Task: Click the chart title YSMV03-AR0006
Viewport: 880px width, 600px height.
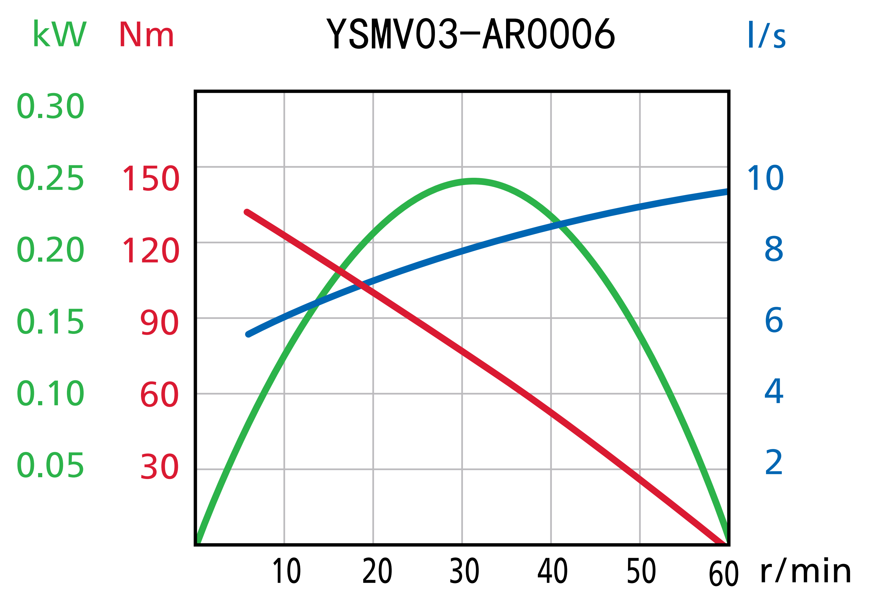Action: click(x=471, y=34)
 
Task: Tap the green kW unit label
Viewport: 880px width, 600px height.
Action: click(x=59, y=34)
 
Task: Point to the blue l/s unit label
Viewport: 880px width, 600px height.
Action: click(x=766, y=34)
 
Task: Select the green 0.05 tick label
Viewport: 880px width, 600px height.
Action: click(x=50, y=465)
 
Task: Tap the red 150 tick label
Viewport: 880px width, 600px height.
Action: click(x=151, y=178)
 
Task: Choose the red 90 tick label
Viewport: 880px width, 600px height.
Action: click(x=159, y=323)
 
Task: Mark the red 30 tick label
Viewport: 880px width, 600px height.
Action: click(x=159, y=467)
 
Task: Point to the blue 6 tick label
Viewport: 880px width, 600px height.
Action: click(x=774, y=320)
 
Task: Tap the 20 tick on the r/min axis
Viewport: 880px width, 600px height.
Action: click(x=377, y=571)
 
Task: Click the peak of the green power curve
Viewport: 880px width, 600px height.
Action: click(x=473, y=181)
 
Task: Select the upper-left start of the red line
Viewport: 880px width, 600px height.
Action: click(x=247, y=212)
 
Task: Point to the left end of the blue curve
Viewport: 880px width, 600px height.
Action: click(x=248, y=334)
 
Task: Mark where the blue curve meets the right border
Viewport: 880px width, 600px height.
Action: click(x=727, y=191)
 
